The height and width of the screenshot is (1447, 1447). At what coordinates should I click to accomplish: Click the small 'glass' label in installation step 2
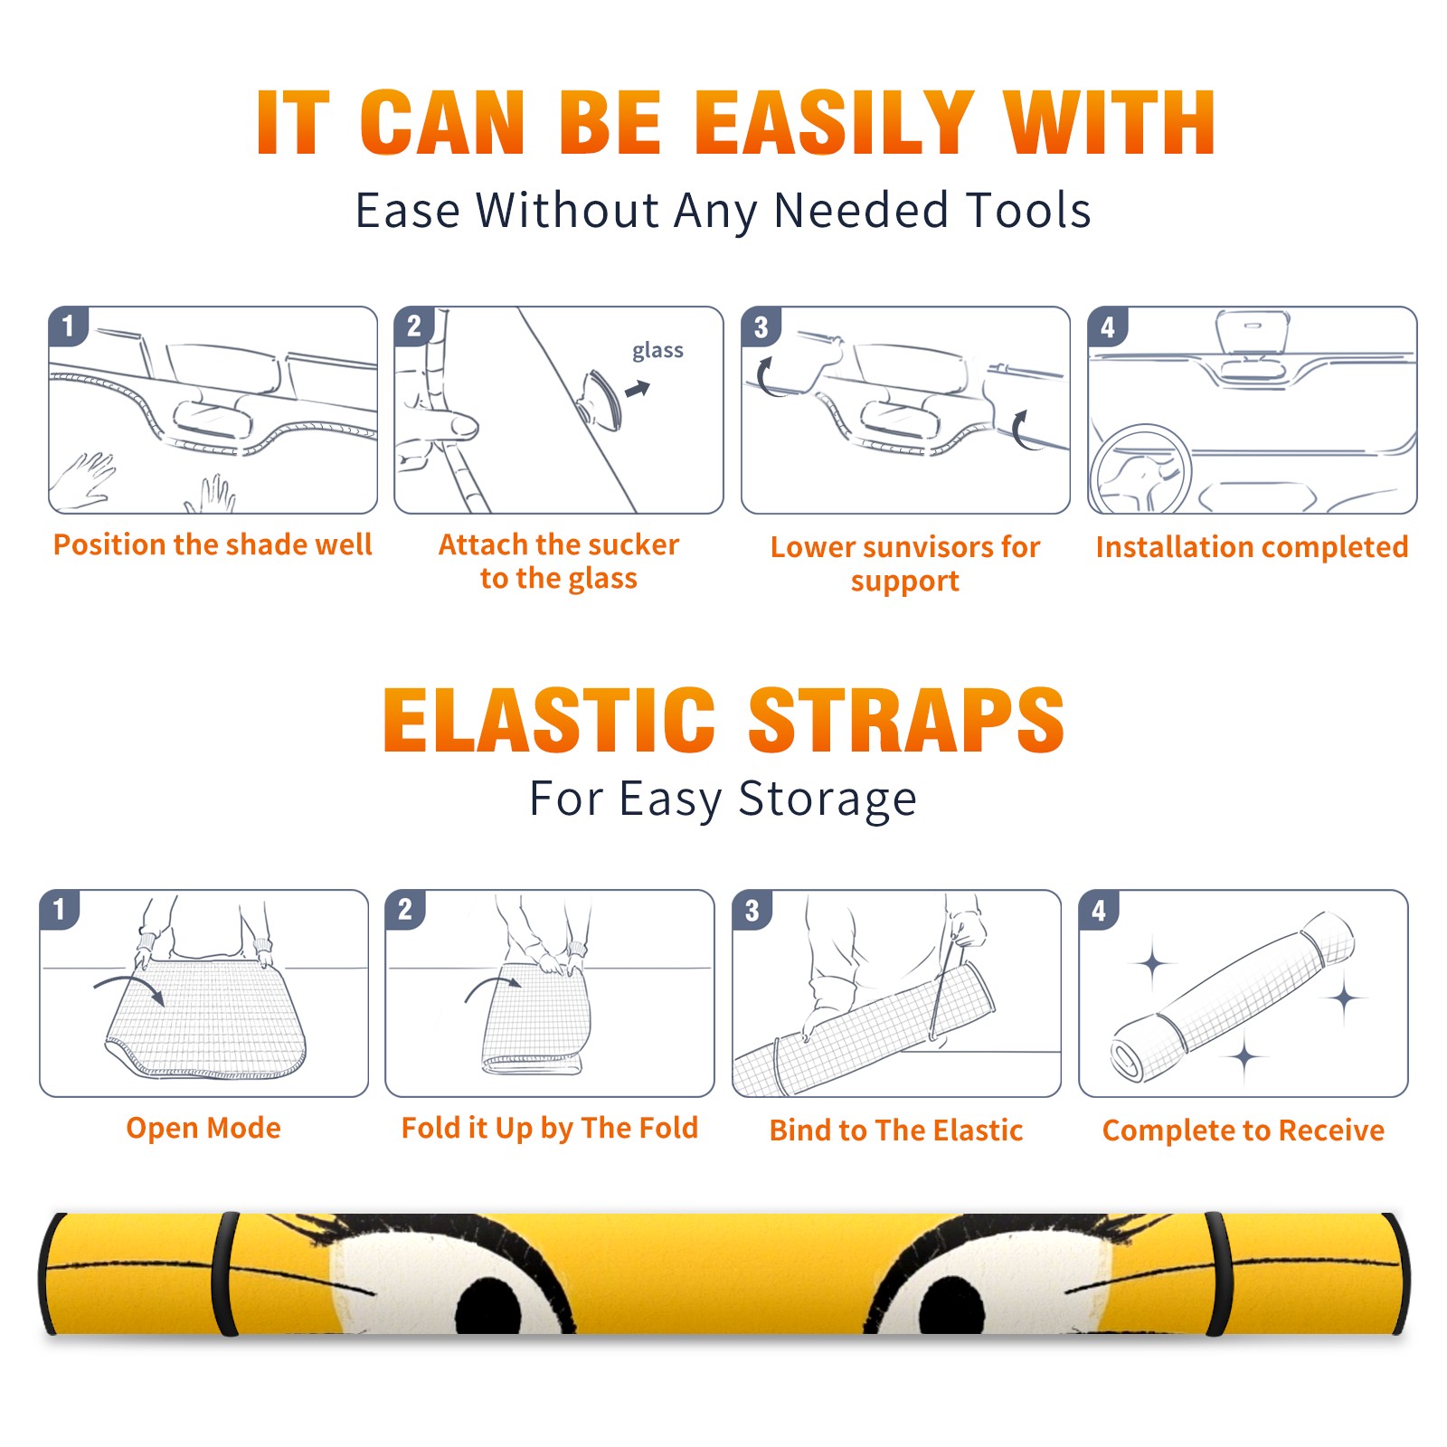pos(657,351)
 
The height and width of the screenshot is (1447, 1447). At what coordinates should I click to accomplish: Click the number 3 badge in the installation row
pos(761,326)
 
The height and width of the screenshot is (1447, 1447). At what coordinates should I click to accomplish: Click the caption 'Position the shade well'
pos(213,544)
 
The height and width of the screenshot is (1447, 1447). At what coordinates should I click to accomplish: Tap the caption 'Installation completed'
pos(1252,546)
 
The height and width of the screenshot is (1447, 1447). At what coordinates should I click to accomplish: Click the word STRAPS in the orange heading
pos(906,720)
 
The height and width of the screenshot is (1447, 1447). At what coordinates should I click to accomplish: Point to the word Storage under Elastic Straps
pos(828,799)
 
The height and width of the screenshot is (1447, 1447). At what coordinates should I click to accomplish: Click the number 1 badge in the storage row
pos(60,909)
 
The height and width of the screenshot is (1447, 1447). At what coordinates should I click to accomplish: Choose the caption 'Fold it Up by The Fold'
pos(550,1128)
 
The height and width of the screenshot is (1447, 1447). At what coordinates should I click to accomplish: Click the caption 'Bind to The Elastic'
pos(895,1130)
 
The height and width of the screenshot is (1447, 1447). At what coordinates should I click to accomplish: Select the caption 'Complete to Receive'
pos(1244,1130)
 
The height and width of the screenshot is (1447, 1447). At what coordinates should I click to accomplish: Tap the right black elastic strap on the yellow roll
pos(1219,1274)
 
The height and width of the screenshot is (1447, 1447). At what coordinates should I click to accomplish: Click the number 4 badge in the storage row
pos(1099,909)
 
